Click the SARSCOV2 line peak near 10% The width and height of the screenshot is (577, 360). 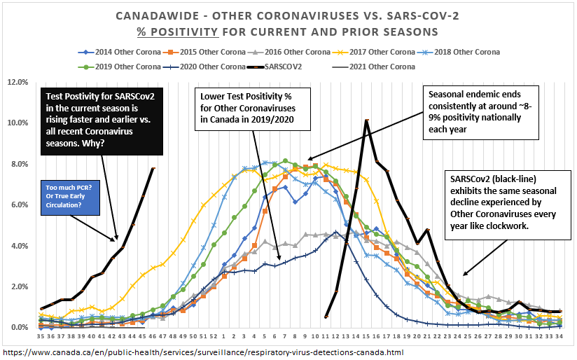click(366, 120)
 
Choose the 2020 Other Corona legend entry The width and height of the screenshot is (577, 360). click(202, 67)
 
